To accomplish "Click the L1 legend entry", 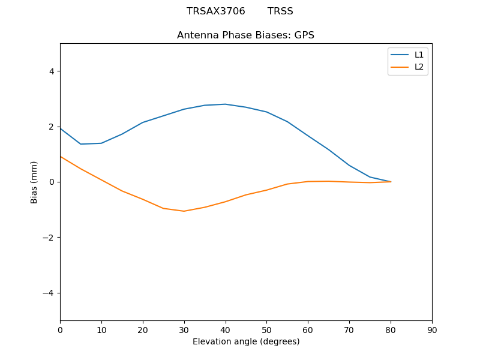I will point(419,55).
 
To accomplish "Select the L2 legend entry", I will point(419,67).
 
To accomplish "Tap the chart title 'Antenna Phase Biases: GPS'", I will point(245,35).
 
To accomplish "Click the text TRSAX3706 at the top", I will point(216,11).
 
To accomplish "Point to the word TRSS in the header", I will point(280,11).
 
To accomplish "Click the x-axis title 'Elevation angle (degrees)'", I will point(245,341).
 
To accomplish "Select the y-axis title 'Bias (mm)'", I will point(34,182).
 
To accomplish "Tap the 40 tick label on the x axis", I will point(225,329).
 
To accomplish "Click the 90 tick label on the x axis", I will point(431,329).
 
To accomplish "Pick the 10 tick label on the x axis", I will point(101,329).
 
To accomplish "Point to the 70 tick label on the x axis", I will point(349,329).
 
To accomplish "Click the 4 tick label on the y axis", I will point(52,71).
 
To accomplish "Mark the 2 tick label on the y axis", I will point(52,127).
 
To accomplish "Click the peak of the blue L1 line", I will point(225,104).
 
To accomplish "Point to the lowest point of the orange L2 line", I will point(184,211).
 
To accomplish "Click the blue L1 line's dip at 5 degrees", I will point(81,144).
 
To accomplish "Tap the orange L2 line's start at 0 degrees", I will point(61,157).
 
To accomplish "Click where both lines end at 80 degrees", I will point(391,181).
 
